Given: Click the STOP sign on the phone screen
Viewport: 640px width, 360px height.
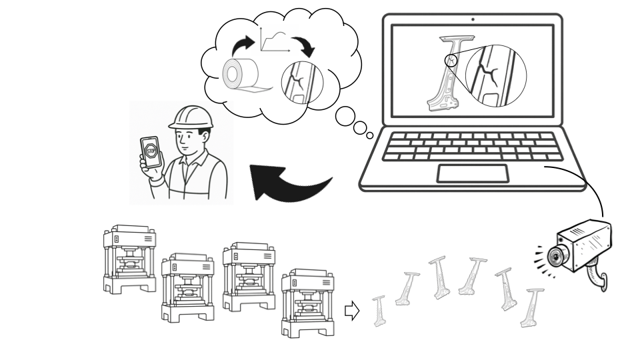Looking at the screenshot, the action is click(151, 151).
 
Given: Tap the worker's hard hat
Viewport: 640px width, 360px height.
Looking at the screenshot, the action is click(191, 117).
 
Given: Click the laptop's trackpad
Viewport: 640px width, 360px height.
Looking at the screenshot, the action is click(473, 173).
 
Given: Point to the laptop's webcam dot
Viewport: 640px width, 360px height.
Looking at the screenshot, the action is click(473, 19).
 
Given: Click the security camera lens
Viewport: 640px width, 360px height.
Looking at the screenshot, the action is click(555, 256).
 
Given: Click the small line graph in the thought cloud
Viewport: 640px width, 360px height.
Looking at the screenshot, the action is click(275, 39).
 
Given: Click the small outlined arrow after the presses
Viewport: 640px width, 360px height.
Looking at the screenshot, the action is click(352, 311).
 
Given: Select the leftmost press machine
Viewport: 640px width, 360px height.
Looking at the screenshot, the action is click(130, 259).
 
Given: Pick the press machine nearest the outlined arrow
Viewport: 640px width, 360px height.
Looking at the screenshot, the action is click(308, 303).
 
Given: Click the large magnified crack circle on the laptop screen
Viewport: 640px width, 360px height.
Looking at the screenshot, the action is click(496, 76).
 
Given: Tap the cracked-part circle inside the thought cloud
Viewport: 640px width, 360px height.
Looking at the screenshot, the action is click(302, 83).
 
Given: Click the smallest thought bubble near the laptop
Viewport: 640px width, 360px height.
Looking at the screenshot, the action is click(370, 135).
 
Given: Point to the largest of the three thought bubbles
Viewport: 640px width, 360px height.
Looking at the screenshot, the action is click(345, 116).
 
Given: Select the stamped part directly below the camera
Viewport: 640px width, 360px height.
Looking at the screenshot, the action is click(531, 308).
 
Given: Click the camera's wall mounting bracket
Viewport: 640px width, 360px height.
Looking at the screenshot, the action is click(597, 277).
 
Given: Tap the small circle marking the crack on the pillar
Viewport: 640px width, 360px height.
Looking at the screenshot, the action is click(451, 61).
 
